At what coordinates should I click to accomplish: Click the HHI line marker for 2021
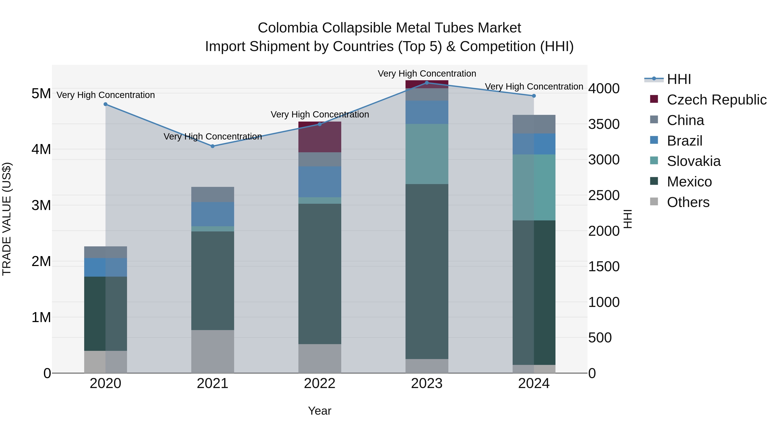(x=212, y=146)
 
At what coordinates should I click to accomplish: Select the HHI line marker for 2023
(x=427, y=83)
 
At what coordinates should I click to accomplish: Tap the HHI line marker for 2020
(x=106, y=104)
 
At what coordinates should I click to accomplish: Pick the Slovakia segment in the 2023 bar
(x=427, y=154)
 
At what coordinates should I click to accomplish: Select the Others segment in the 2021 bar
(x=212, y=351)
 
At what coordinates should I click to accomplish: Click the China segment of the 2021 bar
(x=212, y=194)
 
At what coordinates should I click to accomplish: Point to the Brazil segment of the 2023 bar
(x=427, y=112)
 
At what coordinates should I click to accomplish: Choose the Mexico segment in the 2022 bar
(x=320, y=274)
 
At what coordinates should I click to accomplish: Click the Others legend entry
(x=688, y=202)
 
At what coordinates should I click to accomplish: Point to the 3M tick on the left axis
(x=41, y=205)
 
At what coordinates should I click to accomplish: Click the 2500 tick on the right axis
(x=604, y=196)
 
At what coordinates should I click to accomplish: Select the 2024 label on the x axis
(x=534, y=383)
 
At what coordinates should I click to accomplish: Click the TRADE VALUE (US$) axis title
(x=7, y=219)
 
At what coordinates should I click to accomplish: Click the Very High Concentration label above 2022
(x=320, y=115)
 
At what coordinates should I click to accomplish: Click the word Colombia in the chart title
(x=288, y=28)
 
